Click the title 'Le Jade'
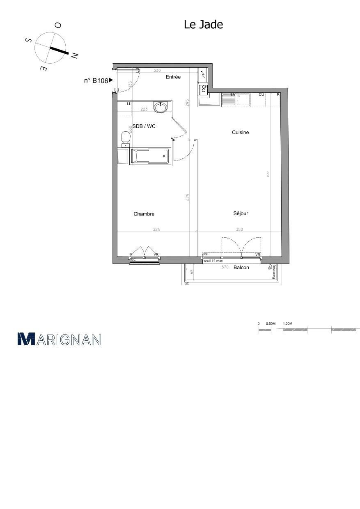click(203, 25)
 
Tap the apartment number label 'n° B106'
click(96, 81)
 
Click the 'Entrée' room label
click(173, 77)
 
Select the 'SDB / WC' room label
click(144, 126)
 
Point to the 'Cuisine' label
click(241, 133)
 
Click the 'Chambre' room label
click(144, 214)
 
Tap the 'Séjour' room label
click(241, 213)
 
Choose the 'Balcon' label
click(241, 268)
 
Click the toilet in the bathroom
click(124, 138)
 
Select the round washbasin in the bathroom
click(161, 107)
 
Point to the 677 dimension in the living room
click(268, 174)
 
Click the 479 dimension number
click(187, 197)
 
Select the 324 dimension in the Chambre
click(156, 229)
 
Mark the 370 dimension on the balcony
click(225, 267)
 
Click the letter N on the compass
click(75, 55)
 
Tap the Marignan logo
click(60, 339)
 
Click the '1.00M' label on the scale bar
click(287, 324)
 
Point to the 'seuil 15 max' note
click(213, 261)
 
